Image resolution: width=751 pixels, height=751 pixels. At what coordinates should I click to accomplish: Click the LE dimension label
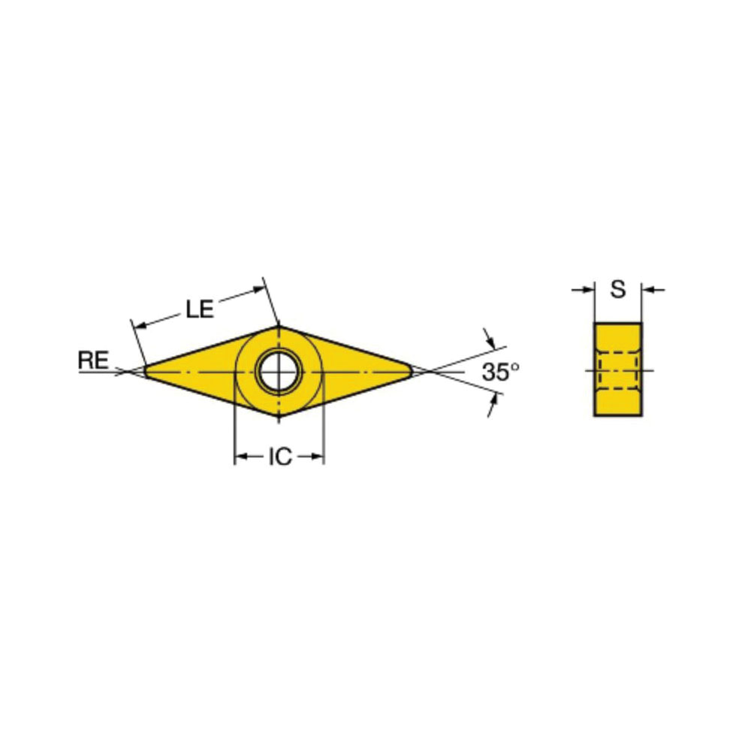[200, 309]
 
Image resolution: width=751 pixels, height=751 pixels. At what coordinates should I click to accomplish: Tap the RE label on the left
[93, 360]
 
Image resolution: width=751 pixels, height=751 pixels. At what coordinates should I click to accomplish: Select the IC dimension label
[280, 457]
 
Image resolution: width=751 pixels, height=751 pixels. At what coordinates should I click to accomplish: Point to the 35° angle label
[500, 372]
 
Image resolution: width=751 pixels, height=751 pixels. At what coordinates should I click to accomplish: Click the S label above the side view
[618, 289]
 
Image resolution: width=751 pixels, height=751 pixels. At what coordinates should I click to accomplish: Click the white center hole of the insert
[279, 372]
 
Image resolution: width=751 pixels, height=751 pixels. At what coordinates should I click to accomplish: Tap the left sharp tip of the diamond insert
[145, 371]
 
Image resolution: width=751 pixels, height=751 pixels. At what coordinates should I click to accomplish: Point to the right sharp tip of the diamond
[412, 371]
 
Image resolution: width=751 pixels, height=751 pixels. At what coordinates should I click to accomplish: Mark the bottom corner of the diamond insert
[279, 416]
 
